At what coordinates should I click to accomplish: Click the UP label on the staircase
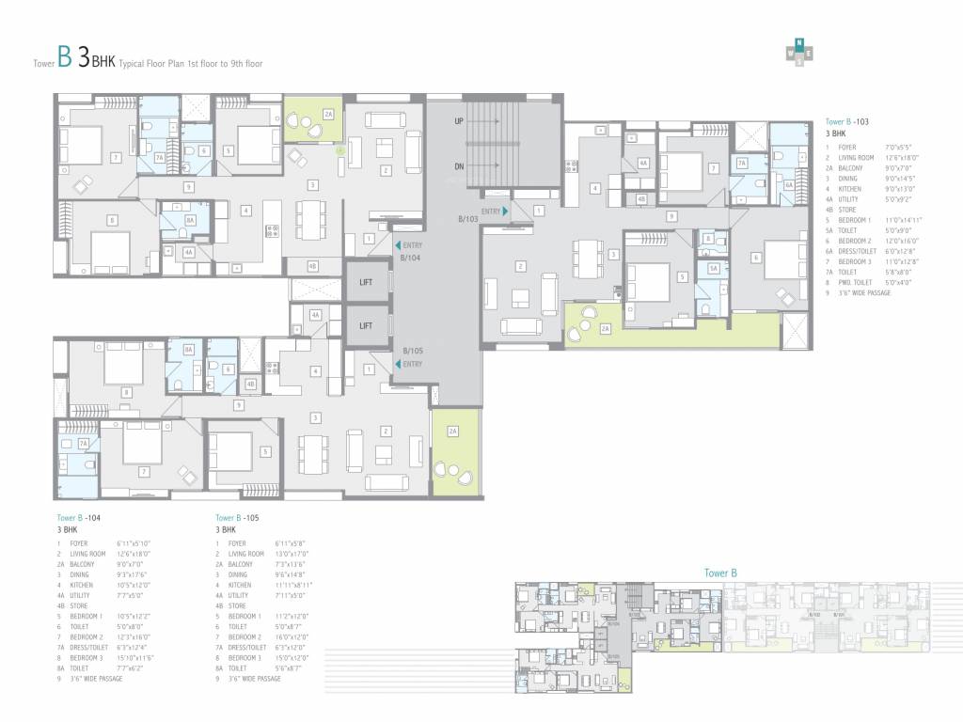point(459,122)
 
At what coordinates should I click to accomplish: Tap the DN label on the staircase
point(459,167)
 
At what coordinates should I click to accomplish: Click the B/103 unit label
point(468,219)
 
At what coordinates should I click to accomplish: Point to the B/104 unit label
point(410,256)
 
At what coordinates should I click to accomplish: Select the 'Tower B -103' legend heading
point(850,122)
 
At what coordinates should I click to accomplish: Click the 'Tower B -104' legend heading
point(80,518)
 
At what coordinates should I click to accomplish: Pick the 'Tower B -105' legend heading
point(239,518)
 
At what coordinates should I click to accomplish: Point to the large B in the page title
point(64,59)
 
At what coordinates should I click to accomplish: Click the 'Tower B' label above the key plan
point(720,573)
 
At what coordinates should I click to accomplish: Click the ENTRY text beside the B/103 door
point(490,212)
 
